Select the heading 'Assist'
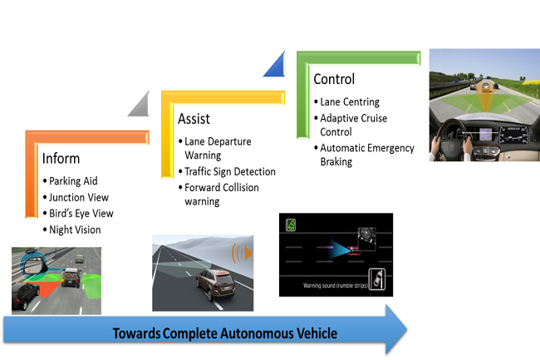coord(194,119)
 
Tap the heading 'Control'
coord(334,80)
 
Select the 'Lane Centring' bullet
coord(349,101)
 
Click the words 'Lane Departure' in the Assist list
coord(218,141)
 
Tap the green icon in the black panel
coord(292,224)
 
